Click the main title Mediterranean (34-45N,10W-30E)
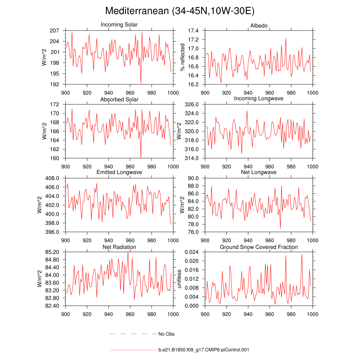[180, 11]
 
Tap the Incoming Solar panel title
[119, 25]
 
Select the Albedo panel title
[259, 26]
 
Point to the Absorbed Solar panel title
[119, 99]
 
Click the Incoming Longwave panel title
[259, 98]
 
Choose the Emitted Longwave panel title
[119, 172]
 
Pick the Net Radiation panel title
[119, 247]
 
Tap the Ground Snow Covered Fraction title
[259, 247]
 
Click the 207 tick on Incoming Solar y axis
[54, 31]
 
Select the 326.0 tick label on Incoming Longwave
[192, 104]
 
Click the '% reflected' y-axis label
[182, 57]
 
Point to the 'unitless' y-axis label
[179, 279]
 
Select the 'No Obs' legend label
[166, 334]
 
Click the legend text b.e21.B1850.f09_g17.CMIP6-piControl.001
[204, 350]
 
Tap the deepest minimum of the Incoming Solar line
[141, 83]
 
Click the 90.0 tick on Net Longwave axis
[193, 178]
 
